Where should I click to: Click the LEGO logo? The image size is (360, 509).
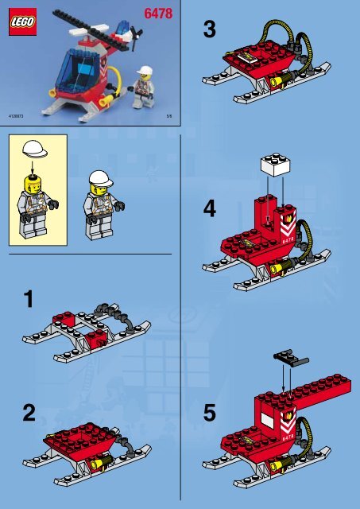point(21,25)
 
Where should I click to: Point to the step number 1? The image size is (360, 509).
point(29,300)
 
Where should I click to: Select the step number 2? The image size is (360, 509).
point(29,414)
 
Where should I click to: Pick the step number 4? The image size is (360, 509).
point(209,208)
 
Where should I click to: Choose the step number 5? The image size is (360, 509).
point(209,414)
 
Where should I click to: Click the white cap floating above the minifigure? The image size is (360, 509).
point(34,149)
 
